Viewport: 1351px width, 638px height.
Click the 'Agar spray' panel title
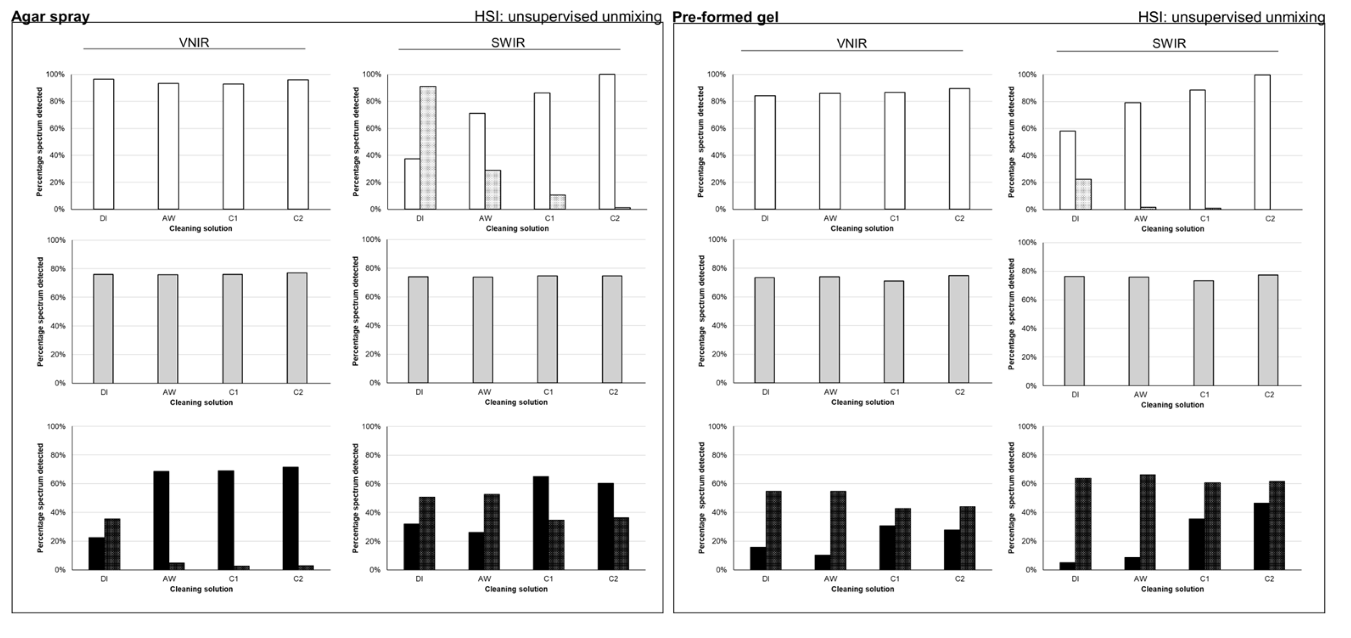[51, 17]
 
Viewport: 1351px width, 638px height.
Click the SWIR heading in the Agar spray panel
[508, 42]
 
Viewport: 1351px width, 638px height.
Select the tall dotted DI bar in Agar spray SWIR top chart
[428, 148]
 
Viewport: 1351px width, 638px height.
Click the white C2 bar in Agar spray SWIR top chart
[607, 142]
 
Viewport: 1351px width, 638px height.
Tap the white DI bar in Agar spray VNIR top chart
[103, 144]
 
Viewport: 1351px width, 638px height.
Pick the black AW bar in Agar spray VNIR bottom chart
[161, 520]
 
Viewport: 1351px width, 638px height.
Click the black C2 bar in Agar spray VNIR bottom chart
[290, 518]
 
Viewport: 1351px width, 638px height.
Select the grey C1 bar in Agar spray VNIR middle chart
[233, 328]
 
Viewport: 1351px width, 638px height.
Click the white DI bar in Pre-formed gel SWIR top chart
[1067, 170]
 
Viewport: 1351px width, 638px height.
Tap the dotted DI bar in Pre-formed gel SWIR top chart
[1083, 194]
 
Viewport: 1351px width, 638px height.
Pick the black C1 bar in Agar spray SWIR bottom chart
[541, 522]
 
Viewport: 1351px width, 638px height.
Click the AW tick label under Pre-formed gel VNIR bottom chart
[830, 579]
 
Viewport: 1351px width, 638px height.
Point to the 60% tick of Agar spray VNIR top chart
[58, 129]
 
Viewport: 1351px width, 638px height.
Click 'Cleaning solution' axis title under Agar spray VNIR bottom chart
[201, 589]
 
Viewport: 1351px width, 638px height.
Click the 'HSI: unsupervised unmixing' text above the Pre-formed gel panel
[1231, 17]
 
